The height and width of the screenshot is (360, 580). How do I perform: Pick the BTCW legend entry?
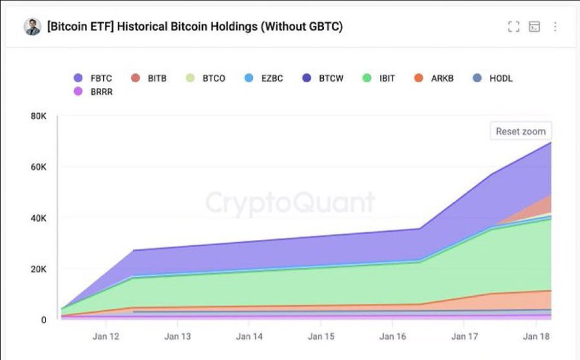click(x=323, y=79)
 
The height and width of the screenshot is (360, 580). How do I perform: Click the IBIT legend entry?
click(x=379, y=79)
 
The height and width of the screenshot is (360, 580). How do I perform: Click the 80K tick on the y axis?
click(x=38, y=116)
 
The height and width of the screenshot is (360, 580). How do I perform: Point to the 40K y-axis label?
click(x=38, y=218)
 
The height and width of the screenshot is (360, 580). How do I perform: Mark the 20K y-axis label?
click(x=38, y=269)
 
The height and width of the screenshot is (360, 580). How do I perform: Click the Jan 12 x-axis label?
click(x=106, y=336)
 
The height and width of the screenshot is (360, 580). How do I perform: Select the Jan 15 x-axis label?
click(x=321, y=336)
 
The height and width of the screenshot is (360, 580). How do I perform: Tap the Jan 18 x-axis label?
click(x=537, y=336)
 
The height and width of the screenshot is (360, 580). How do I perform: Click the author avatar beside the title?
click(x=32, y=27)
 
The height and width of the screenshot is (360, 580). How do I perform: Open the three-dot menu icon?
click(x=555, y=27)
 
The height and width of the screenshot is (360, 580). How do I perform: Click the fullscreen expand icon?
click(x=513, y=27)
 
